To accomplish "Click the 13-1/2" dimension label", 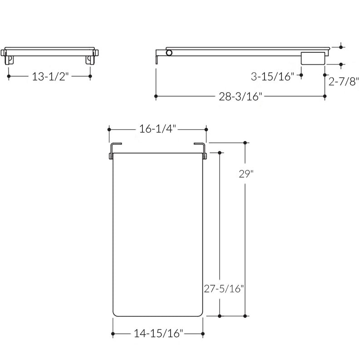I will point(50,76).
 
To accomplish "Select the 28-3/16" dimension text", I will point(240,96).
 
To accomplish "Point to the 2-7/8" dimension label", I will point(343,82).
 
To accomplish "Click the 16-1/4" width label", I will point(158,129).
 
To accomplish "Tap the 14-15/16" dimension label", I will point(158,334).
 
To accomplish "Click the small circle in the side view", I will point(169,53).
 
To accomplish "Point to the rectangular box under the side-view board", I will point(314,58).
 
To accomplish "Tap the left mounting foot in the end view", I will point(10,59).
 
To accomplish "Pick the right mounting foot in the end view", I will point(90,59).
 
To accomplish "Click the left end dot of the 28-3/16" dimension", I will point(156,96).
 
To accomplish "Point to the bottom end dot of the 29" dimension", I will point(245,315).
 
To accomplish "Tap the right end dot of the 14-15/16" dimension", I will point(203,334).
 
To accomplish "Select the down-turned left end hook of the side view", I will point(157,59).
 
